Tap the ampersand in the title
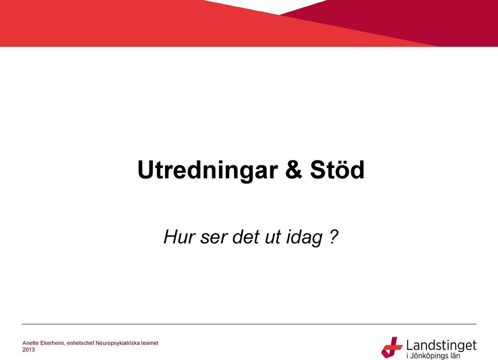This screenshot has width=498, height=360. point(294,169)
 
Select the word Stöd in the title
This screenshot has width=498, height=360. point(337,169)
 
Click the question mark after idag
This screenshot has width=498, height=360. point(334,237)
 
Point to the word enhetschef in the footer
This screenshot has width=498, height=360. point(81,343)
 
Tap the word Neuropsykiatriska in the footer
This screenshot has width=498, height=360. point(118,343)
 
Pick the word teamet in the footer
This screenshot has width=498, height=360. point(150,343)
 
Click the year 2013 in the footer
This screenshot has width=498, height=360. point(29,350)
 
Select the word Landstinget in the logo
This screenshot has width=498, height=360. point(441,345)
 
